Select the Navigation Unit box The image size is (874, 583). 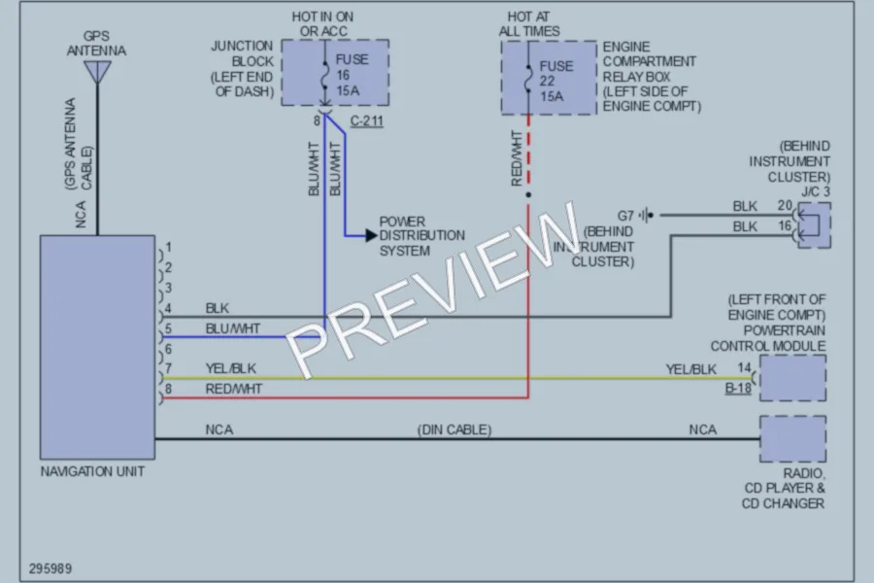(97, 347)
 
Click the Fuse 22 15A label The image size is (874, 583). (555, 81)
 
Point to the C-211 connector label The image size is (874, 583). (367, 120)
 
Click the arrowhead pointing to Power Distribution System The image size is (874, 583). (371, 235)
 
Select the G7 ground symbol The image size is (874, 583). (647, 215)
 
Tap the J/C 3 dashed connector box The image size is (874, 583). (815, 225)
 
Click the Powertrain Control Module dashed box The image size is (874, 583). (792, 378)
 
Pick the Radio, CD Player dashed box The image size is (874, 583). (792, 438)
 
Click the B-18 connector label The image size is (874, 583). (738, 388)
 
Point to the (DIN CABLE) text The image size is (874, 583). (454, 429)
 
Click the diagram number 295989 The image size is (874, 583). (50, 568)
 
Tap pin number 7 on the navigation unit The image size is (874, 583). (168, 368)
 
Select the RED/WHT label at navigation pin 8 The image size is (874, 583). (233, 389)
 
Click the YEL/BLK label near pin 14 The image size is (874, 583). (691, 369)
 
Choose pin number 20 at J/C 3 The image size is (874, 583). (785, 205)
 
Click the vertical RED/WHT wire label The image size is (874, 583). (517, 158)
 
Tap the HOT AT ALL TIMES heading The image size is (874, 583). (529, 24)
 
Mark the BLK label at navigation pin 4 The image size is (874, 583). (217, 308)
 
